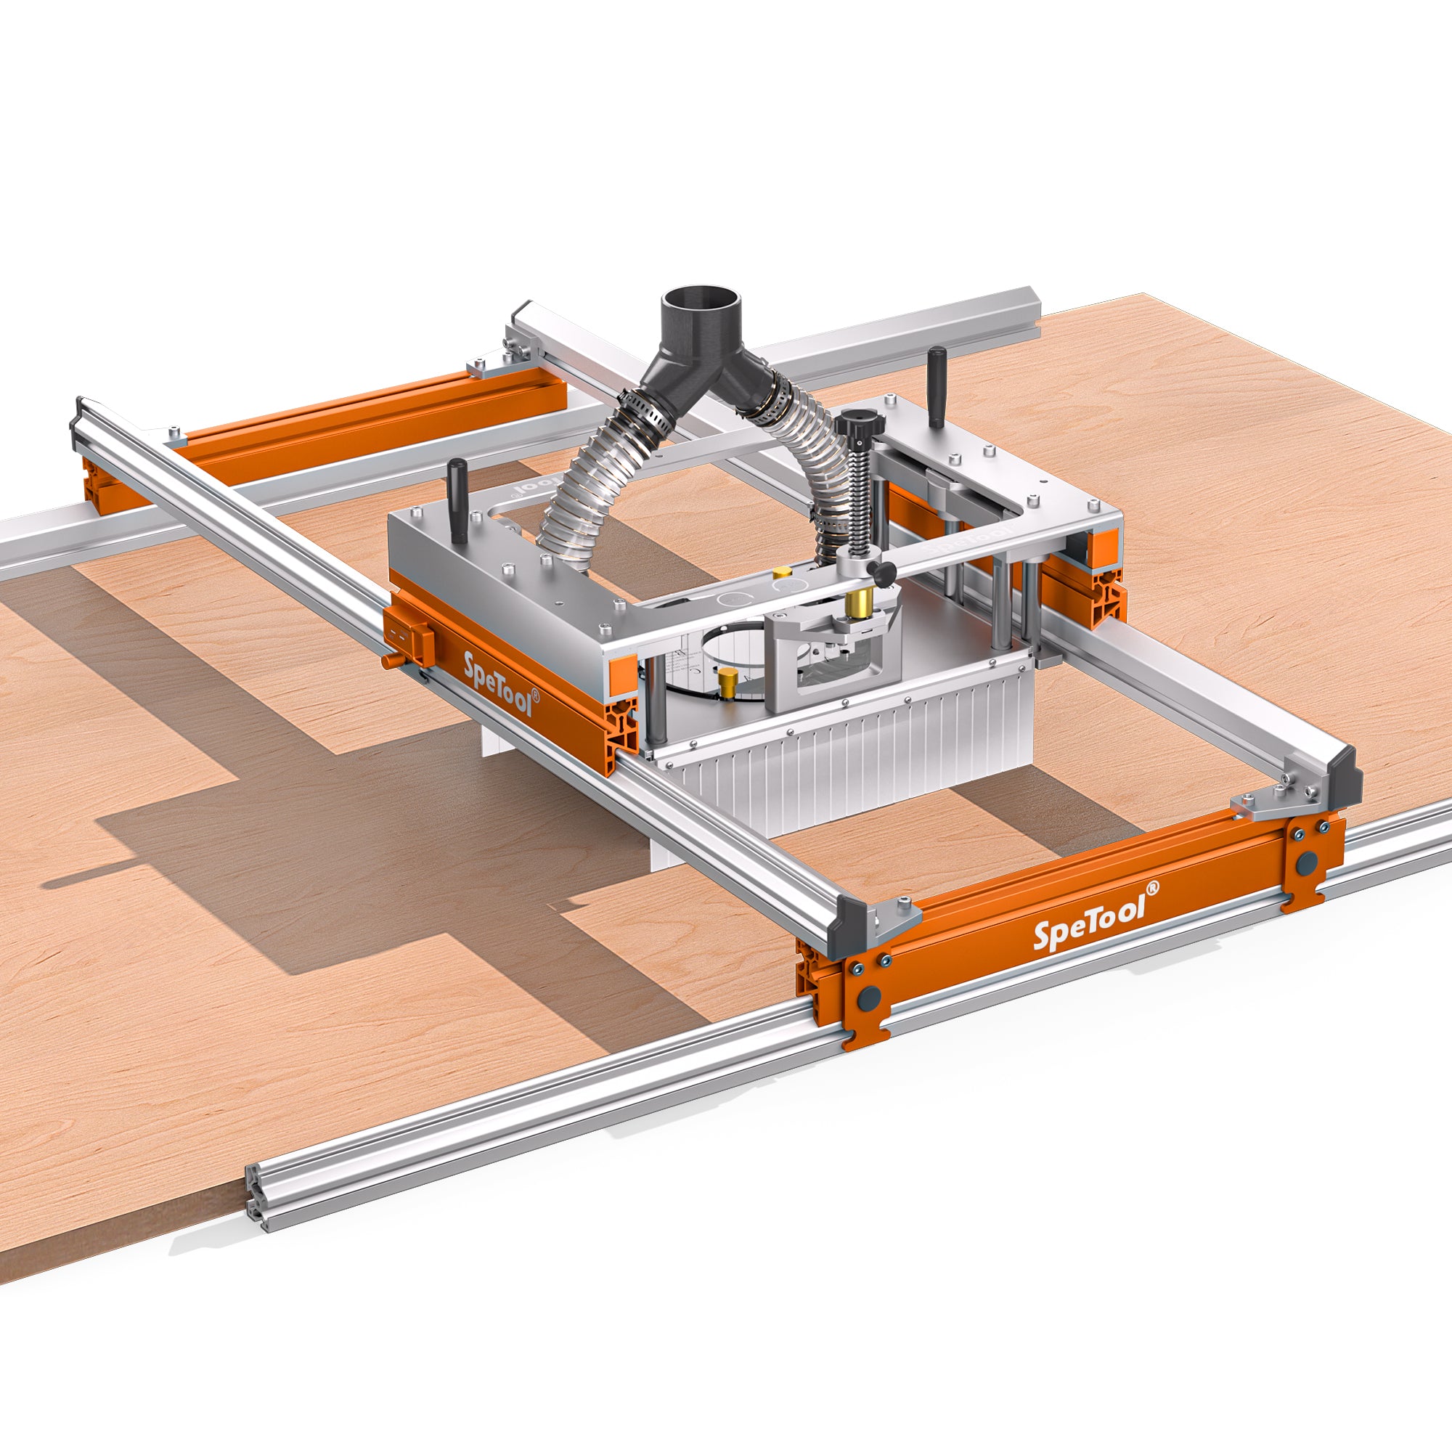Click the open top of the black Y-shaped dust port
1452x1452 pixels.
[x=702, y=296]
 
